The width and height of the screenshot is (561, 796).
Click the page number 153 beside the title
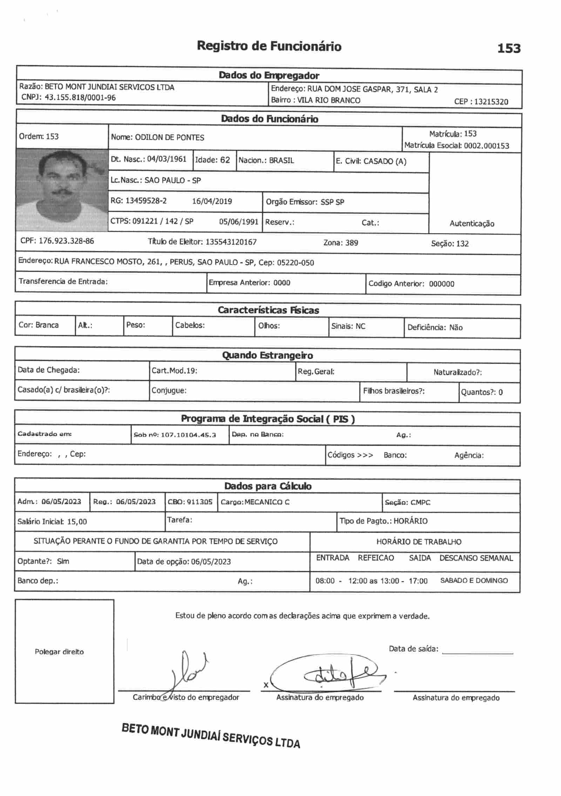pos(509,48)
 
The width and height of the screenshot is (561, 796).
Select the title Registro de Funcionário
pos(269,46)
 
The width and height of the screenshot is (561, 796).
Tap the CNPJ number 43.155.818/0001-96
pos(80,98)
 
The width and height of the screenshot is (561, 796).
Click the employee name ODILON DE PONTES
pos(169,138)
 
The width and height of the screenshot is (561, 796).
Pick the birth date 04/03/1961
pos(167,159)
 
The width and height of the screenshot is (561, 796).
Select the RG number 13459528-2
pos(146,201)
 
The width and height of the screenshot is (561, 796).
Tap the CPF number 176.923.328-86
pos(66,241)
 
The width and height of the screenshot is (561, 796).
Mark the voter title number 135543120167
pos(231,242)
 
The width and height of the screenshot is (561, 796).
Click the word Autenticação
pos(472,224)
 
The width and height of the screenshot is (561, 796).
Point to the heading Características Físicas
pos(268,310)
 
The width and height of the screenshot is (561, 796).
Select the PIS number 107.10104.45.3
pos(188,435)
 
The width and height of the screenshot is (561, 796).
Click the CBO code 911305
pos(200,502)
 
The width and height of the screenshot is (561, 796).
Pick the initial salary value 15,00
pos(77,522)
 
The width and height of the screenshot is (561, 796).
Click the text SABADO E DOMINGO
pos(474,581)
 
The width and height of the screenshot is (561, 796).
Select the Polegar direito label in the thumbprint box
pos(59,652)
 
